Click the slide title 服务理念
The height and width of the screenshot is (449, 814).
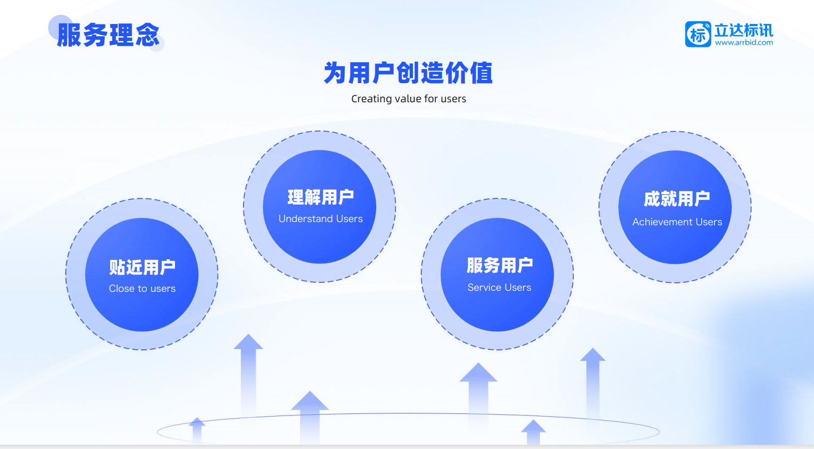click(x=109, y=35)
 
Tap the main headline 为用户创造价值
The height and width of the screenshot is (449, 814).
click(x=408, y=73)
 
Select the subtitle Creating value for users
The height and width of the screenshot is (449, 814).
click(x=409, y=99)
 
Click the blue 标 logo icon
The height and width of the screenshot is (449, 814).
click(x=698, y=34)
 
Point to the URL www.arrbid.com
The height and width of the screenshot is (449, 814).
click(x=744, y=43)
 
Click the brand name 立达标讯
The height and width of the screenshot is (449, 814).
click(x=744, y=30)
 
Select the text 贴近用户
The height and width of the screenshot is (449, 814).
click(x=142, y=267)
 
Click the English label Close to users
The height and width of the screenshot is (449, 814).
click(x=142, y=289)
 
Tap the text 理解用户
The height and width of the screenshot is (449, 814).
click(x=320, y=197)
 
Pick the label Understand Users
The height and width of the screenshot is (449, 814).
click(x=320, y=219)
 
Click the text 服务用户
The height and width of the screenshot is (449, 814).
click(x=500, y=265)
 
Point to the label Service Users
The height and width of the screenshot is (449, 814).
click(x=499, y=288)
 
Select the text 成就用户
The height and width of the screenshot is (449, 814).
click(x=677, y=199)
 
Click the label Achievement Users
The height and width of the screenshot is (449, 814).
click(x=677, y=222)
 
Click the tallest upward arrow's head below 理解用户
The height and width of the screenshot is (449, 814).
click(x=248, y=342)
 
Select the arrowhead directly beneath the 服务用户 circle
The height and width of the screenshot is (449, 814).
click(x=478, y=372)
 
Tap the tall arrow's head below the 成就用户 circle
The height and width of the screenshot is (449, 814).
click(x=593, y=355)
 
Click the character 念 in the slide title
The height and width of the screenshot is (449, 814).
click(x=147, y=35)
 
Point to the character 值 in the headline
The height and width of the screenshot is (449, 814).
click(x=481, y=73)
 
